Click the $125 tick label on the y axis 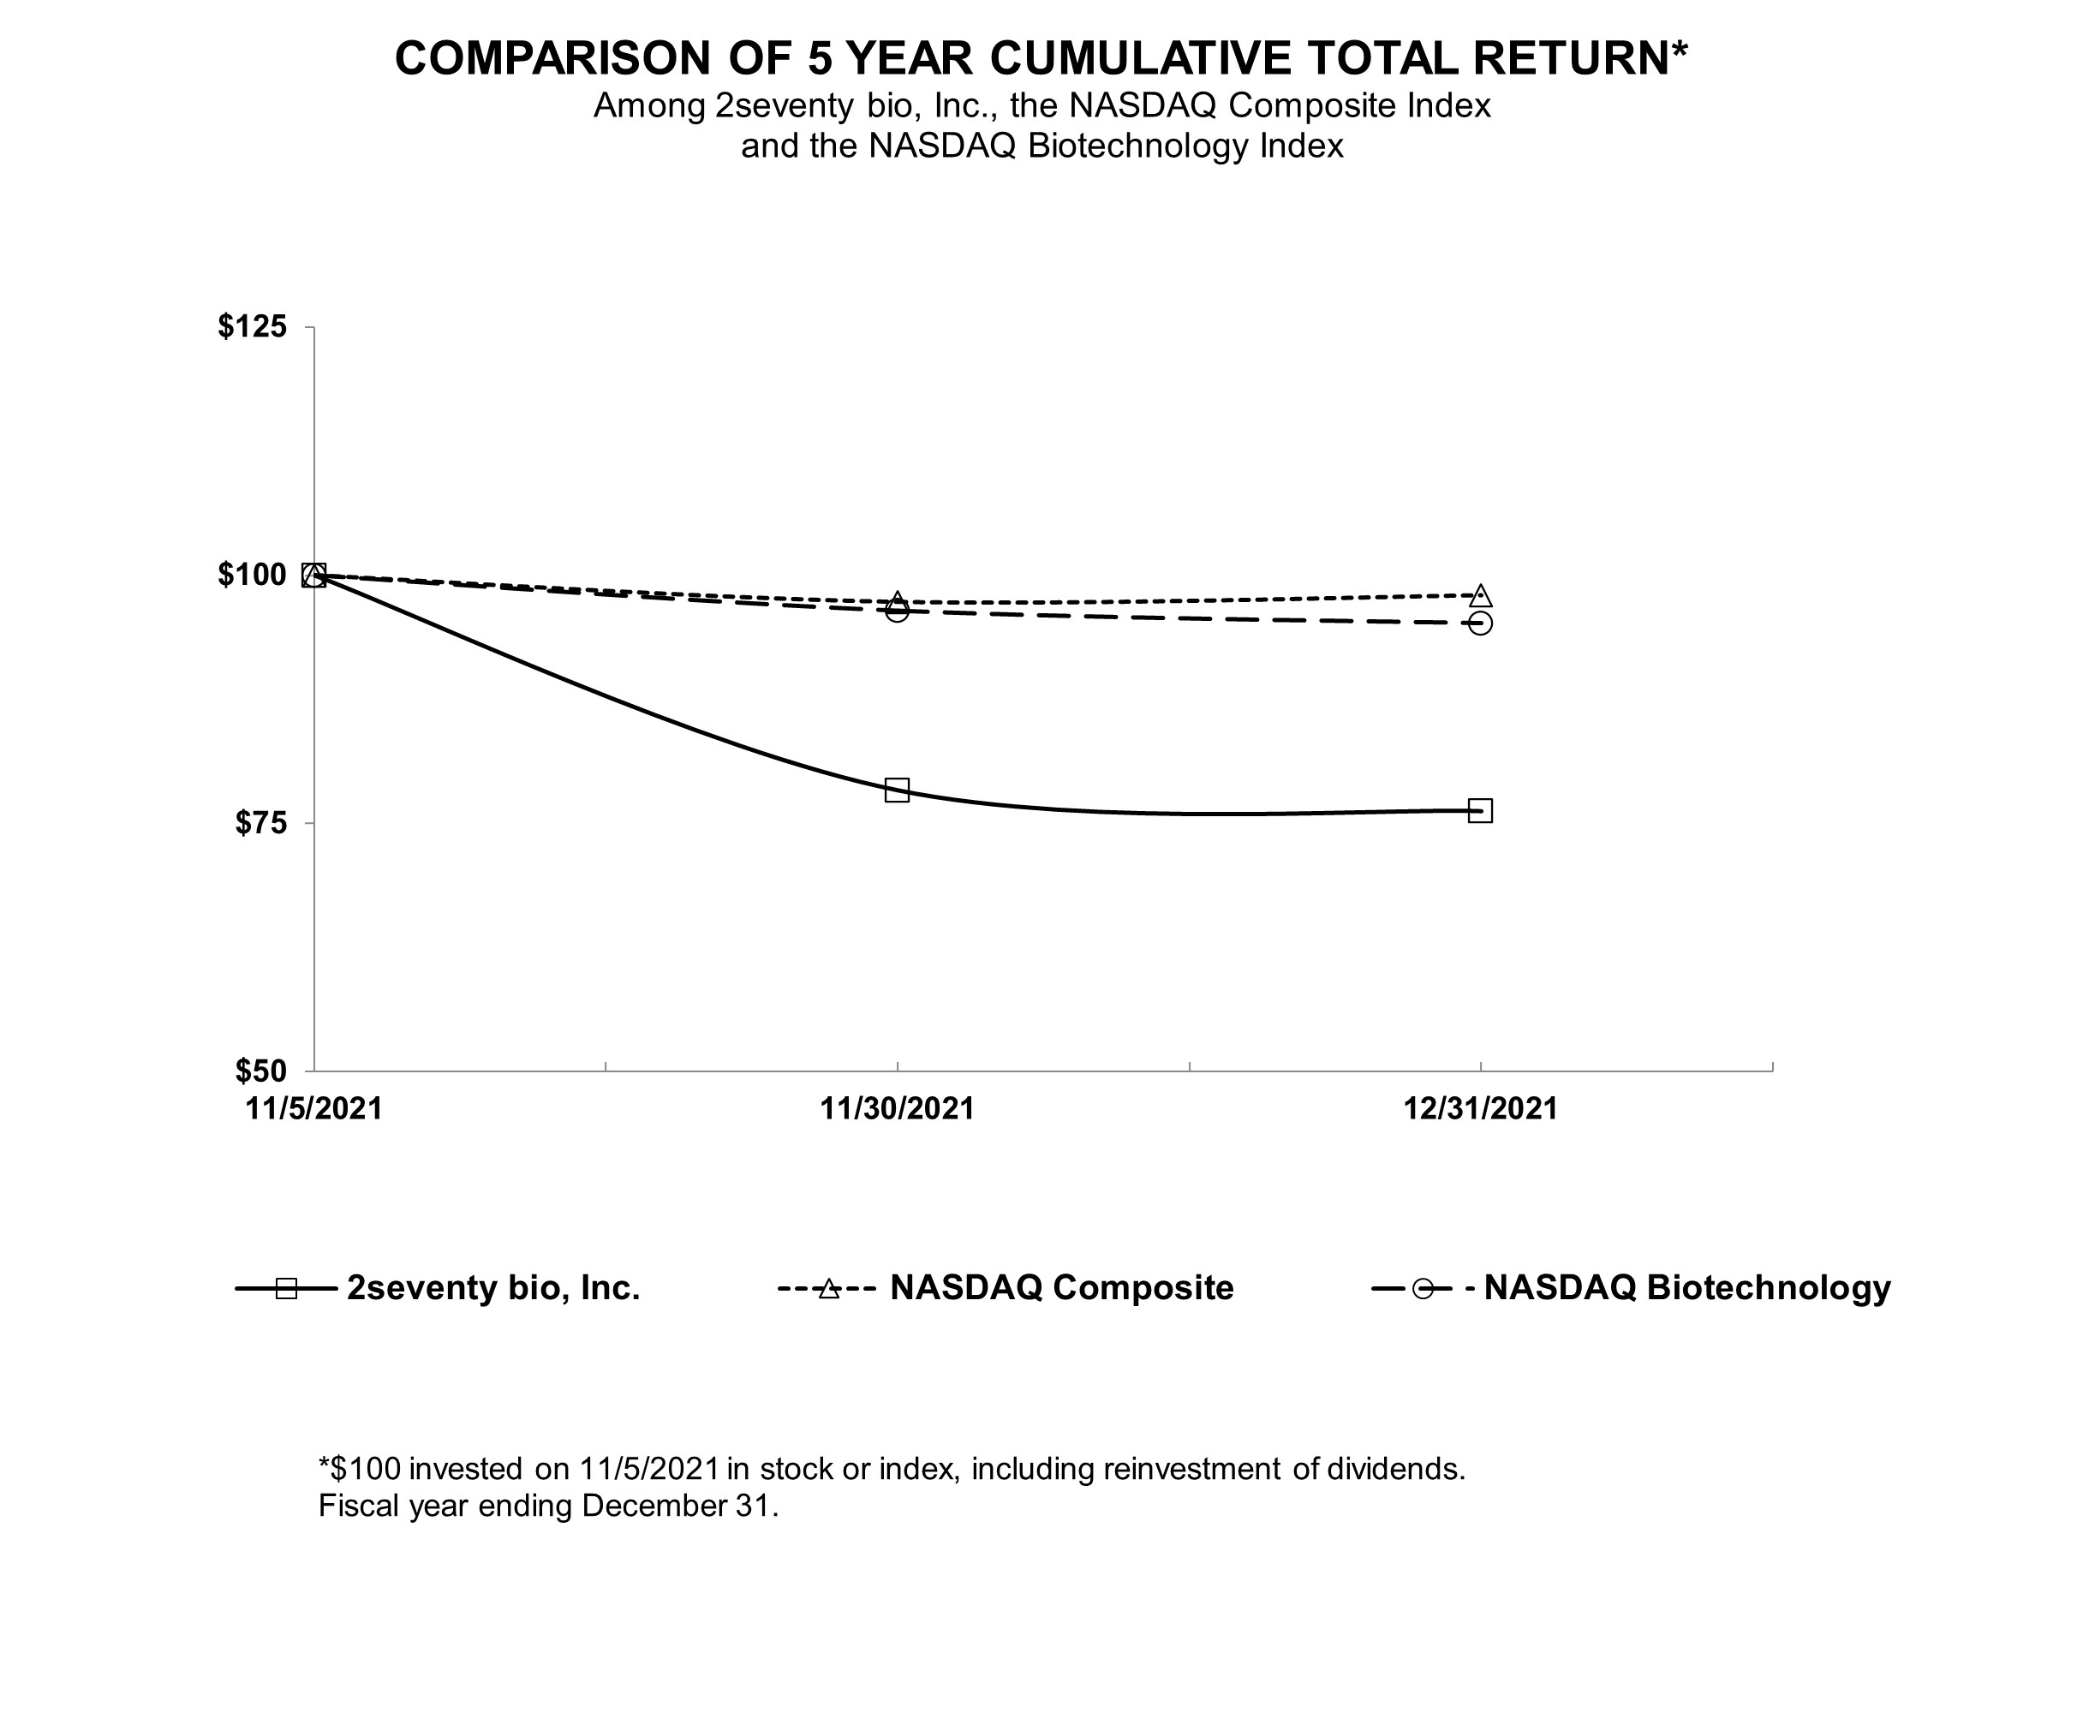tap(252, 326)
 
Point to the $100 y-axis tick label tap(252, 575)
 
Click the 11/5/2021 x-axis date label tap(314, 1108)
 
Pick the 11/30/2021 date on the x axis tap(897, 1108)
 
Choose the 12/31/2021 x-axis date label tap(1480, 1108)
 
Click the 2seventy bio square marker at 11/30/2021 tap(897, 790)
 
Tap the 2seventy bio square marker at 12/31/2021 tap(1480, 810)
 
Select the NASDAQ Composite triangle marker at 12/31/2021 tap(1480, 596)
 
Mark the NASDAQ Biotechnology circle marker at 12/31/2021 tap(1480, 623)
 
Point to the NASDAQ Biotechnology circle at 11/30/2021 tap(897, 610)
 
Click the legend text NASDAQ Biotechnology tap(1687, 1287)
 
